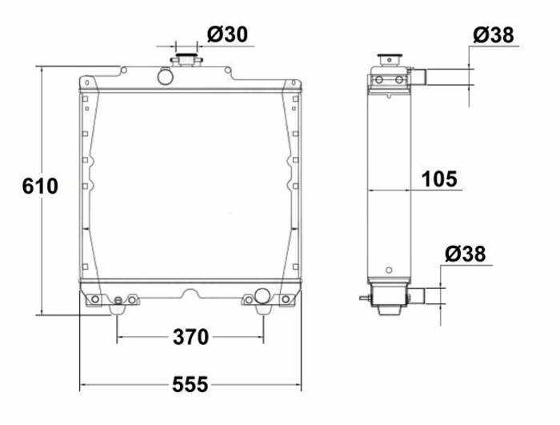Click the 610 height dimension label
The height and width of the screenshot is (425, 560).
pos(40,186)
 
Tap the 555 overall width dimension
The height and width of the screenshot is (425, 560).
pos(190,385)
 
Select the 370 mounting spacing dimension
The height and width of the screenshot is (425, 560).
pos(190,337)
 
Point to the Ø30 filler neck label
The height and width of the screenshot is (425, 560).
pos(227,34)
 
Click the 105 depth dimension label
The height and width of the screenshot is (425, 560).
pos(439,179)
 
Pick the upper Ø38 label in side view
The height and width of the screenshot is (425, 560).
pos(494,35)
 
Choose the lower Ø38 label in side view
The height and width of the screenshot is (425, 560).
pos(466,255)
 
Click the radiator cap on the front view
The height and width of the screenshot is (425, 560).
pos(186,59)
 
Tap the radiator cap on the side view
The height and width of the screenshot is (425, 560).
pos(390,59)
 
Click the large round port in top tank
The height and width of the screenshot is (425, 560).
pos(166,76)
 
